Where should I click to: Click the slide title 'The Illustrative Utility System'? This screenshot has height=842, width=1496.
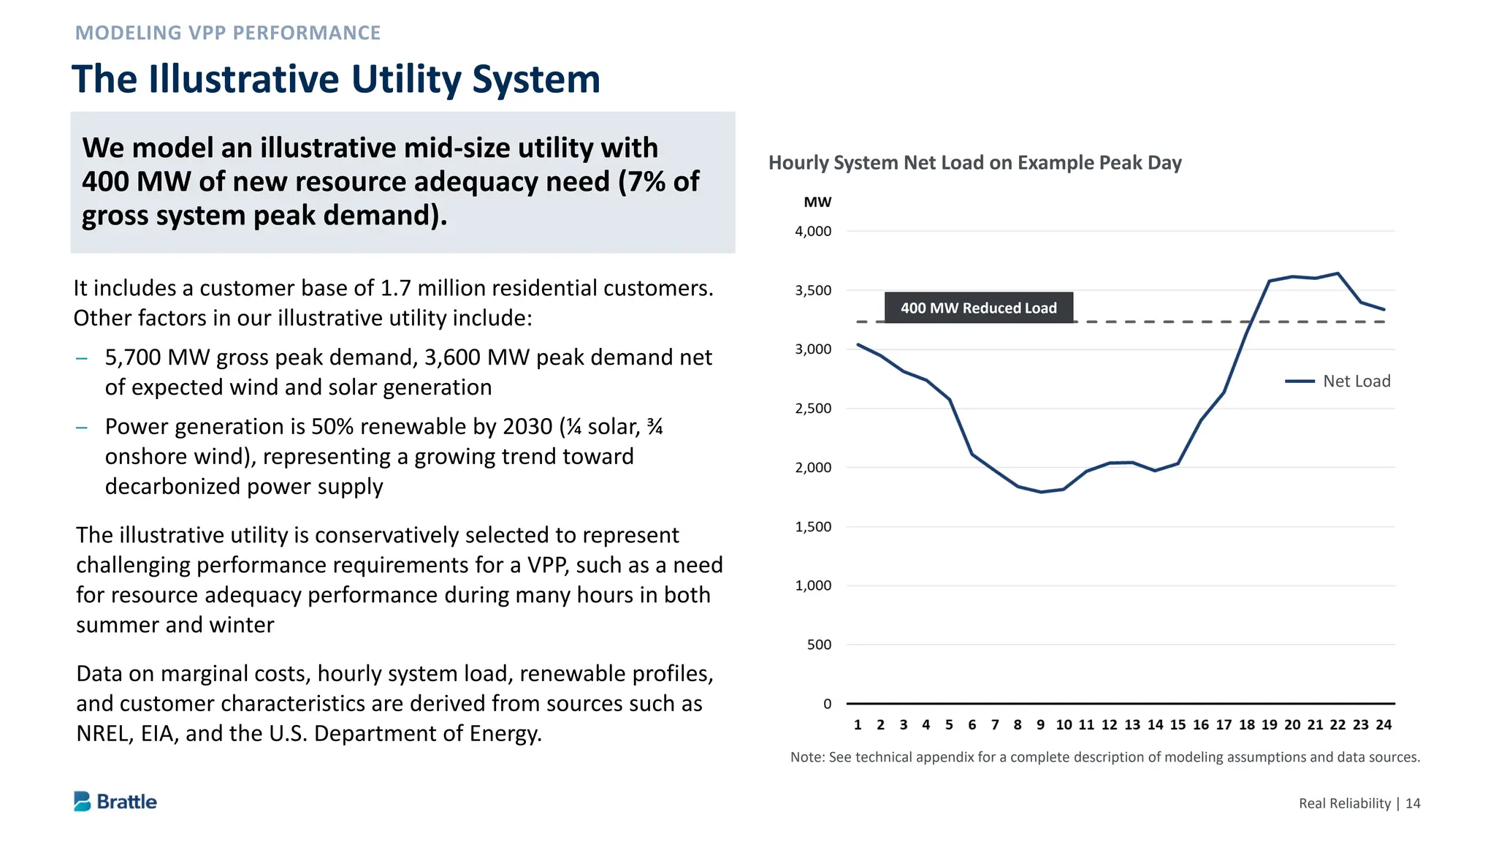click(x=335, y=79)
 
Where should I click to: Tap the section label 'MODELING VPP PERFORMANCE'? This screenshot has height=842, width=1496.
click(x=227, y=33)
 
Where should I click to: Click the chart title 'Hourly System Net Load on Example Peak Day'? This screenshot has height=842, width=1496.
click(x=974, y=162)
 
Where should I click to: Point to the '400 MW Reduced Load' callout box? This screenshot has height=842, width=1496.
click(x=978, y=308)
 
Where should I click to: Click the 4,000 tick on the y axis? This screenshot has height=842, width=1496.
click(x=813, y=231)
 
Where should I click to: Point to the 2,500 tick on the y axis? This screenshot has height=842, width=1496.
click(x=813, y=409)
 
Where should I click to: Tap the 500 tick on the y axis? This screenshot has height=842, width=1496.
click(x=819, y=645)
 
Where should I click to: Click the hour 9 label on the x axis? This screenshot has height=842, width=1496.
click(x=1040, y=724)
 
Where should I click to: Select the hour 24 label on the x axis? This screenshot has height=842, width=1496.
click(x=1384, y=724)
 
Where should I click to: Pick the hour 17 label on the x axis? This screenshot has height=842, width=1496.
click(x=1224, y=724)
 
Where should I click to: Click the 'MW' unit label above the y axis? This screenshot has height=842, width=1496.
click(x=817, y=202)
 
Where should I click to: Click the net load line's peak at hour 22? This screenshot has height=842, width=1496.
click(x=1337, y=273)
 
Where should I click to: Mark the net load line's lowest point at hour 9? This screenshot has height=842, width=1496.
click(x=1041, y=492)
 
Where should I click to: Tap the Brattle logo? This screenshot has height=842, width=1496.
click(x=115, y=801)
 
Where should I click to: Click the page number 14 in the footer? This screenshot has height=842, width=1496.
click(x=1413, y=803)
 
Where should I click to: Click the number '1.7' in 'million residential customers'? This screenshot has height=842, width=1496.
click(x=395, y=288)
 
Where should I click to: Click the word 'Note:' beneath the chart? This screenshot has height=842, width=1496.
click(x=807, y=757)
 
